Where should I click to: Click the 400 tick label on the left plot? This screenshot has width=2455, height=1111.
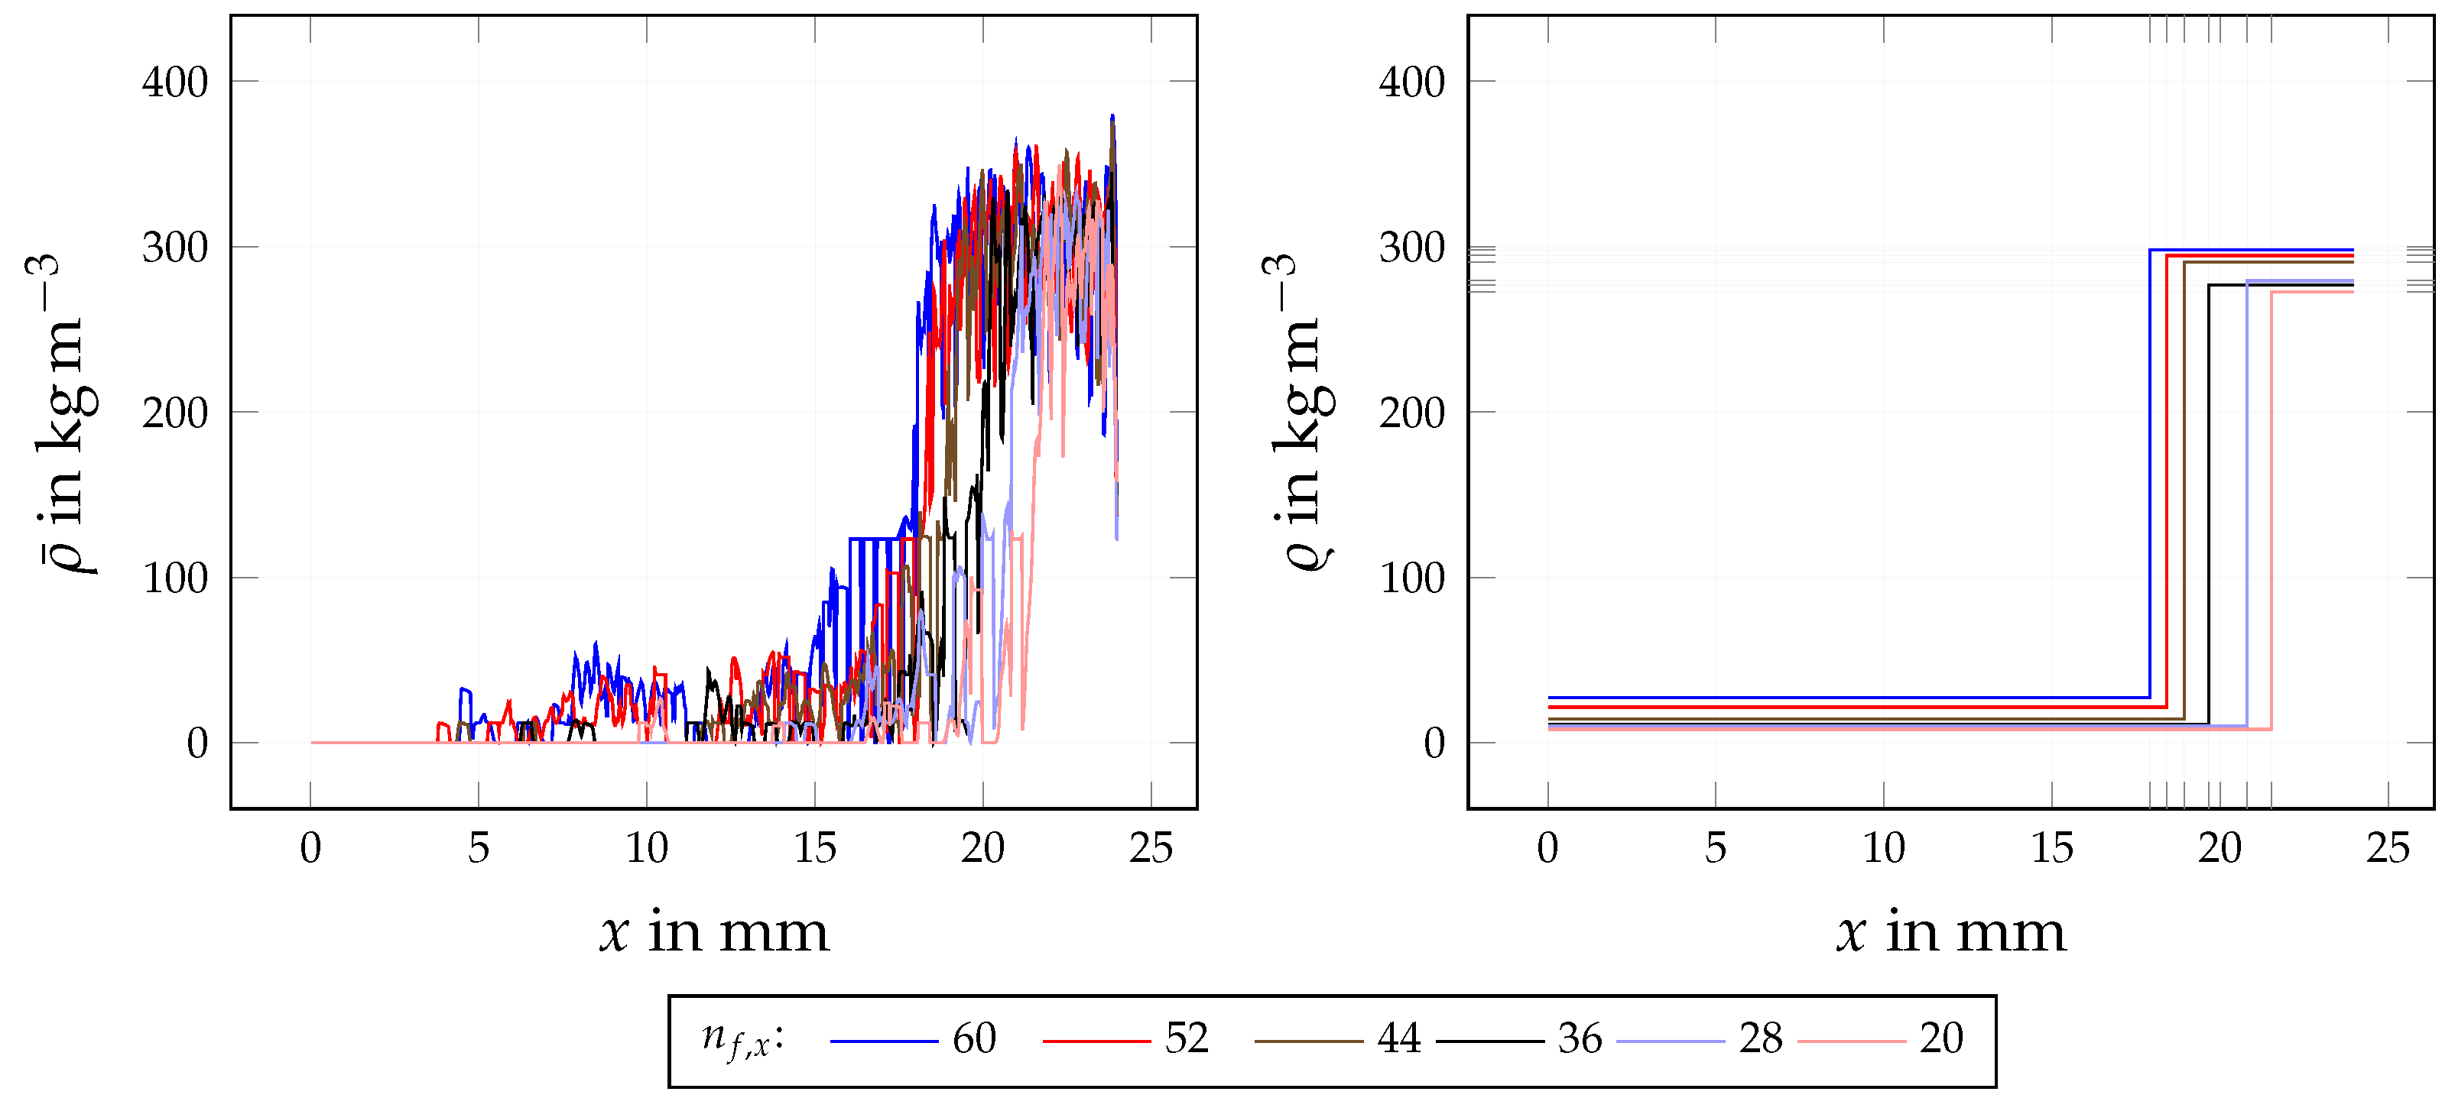coord(174,83)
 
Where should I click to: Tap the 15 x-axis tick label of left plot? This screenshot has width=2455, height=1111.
coord(814,848)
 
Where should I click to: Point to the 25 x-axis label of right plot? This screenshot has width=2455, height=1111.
coord(2386,848)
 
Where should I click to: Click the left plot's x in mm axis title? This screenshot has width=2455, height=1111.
coord(714,932)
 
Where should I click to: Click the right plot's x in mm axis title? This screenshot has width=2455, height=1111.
coord(1951,932)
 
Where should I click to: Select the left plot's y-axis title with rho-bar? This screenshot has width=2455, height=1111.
coord(62,413)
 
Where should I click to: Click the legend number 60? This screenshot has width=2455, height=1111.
coord(974,1038)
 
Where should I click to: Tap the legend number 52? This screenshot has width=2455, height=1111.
coord(1187,1038)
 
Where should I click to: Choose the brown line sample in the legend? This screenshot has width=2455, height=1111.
coord(1307,1041)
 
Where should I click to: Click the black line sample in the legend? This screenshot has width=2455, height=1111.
coord(1489,1041)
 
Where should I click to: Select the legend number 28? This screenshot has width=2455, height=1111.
coord(1760,1038)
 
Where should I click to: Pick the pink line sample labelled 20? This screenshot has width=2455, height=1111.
coord(1851,1041)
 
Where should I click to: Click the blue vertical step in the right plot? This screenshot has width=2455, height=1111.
coord(2150,476)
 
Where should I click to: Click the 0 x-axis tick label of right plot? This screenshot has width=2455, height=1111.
coord(1547,848)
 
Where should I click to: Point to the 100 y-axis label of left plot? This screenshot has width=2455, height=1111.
coord(174,578)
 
